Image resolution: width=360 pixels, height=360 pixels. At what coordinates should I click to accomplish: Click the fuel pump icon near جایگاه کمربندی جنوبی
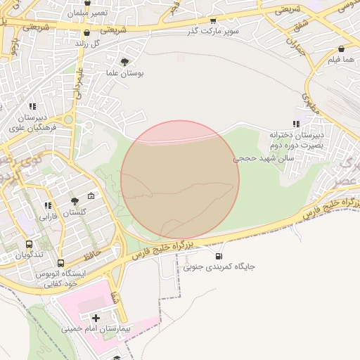point(219,256)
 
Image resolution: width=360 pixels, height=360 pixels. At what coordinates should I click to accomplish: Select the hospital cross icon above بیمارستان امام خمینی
point(96,318)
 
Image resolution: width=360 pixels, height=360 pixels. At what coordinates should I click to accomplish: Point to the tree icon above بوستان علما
point(125,62)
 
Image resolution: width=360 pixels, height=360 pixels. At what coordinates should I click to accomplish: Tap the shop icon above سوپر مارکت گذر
point(214,21)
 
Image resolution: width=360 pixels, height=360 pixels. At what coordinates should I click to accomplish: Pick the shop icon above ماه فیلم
point(341,49)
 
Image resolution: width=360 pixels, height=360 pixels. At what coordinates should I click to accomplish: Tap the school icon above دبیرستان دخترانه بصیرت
point(295,124)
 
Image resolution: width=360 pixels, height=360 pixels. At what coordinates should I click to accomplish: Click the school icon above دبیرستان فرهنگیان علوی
point(32,107)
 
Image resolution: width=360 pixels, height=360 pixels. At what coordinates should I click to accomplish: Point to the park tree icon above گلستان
point(75,202)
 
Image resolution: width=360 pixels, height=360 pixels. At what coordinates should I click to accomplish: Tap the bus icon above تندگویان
point(29,243)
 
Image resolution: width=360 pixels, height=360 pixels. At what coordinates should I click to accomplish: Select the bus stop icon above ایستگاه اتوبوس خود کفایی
point(61,263)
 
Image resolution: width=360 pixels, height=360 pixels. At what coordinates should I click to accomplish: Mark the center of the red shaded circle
point(180,180)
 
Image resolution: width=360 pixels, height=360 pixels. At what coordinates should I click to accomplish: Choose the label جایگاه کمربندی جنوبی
point(219,267)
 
